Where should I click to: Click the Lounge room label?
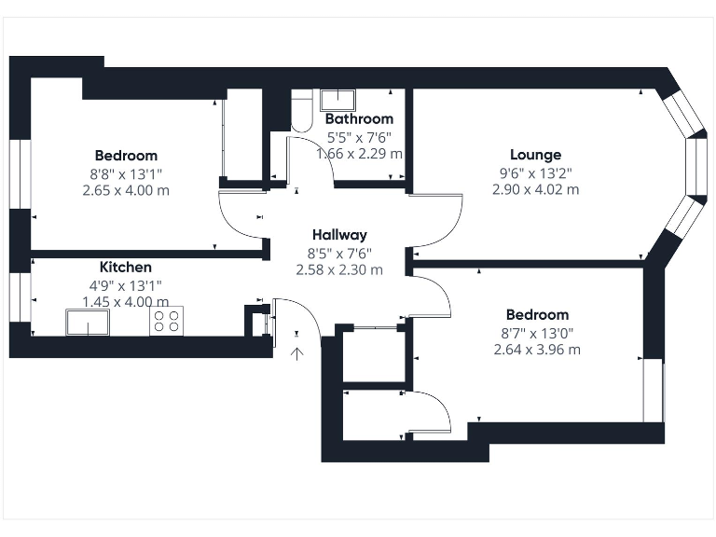(x=535, y=155)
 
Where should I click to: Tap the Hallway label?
(x=339, y=235)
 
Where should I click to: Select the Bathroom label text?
(x=359, y=119)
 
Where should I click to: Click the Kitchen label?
(x=125, y=268)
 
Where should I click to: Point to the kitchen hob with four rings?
(x=166, y=321)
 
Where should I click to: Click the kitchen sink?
(x=87, y=323)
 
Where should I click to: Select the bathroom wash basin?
(x=337, y=100)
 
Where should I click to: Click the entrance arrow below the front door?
(x=297, y=351)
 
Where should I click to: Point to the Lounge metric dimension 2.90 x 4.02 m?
(x=535, y=189)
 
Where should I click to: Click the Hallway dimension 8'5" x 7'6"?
(x=339, y=253)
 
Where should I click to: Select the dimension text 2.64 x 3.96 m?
(x=537, y=350)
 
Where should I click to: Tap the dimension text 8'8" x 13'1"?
(x=126, y=173)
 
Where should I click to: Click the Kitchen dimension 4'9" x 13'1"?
(x=125, y=285)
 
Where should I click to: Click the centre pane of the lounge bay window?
(x=694, y=166)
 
